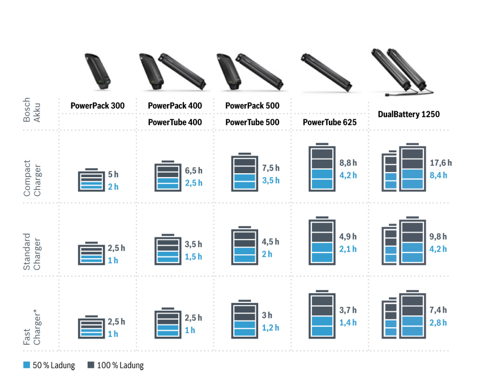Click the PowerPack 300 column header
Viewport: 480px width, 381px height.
coord(97,106)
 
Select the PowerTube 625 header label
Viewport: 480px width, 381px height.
coord(329,122)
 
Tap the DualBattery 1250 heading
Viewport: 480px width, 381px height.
coord(408,114)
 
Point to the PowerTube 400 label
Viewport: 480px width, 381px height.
coord(174,122)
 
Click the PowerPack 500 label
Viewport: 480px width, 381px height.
coord(252,106)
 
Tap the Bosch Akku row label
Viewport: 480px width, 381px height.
coord(32,110)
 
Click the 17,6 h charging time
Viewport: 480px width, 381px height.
coord(441,163)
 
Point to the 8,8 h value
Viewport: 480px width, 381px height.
coord(348,163)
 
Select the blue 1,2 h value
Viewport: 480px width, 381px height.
coord(270,328)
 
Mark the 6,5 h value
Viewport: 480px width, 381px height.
coord(194,171)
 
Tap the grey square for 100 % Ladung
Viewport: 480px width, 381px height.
coord(90,365)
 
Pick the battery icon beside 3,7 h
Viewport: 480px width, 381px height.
coord(322,316)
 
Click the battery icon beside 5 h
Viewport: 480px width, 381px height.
coord(91,181)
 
